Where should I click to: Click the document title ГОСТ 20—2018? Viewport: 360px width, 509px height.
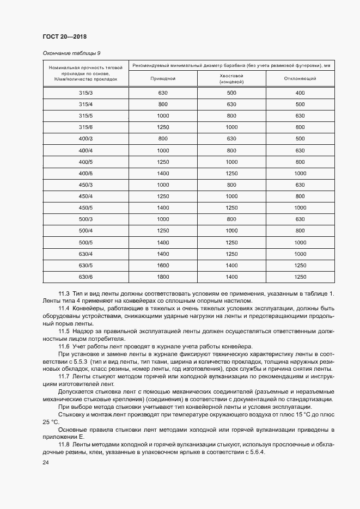click(64, 37)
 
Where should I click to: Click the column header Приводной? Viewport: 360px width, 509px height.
click(162, 79)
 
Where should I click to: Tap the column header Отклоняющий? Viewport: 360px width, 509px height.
click(300, 79)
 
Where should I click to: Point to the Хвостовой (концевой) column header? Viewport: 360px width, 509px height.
click(231, 79)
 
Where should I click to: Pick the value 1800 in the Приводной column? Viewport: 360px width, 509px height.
click(163, 277)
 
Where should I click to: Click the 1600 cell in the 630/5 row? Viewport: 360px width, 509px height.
click(163, 265)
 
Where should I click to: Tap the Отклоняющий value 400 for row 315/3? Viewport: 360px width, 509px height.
click(300, 93)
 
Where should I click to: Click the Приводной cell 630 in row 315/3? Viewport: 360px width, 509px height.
click(163, 93)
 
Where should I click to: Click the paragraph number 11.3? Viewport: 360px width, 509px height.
click(64, 293)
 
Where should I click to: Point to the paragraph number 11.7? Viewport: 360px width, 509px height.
click(64, 376)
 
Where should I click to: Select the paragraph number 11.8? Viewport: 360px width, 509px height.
click(64, 444)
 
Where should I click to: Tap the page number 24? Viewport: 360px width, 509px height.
click(46, 463)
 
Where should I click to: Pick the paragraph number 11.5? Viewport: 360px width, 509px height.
click(64, 331)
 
